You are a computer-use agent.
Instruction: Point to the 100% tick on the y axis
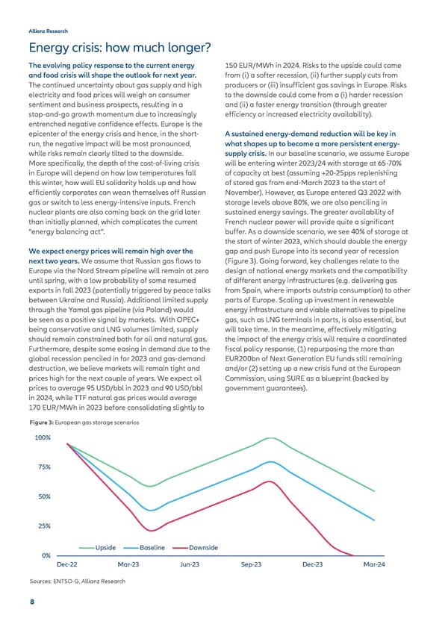(x=42, y=437)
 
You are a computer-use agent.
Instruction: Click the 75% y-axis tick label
(x=43, y=467)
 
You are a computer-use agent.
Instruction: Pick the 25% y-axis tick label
(x=43, y=526)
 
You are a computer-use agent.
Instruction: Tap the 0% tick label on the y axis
(x=46, y=555)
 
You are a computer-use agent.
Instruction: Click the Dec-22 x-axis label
(x=68, y=565)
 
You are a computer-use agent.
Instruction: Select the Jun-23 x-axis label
(x=190, y=565)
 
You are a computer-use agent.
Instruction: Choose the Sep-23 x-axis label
(x=252, y=565)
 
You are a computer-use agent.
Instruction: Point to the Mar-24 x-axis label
(x=373, y=565)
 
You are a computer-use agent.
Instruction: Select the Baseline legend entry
(x=152, y=548)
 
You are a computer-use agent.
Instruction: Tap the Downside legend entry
(x=204, y=548)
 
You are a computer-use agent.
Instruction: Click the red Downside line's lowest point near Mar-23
(x=152, y=530)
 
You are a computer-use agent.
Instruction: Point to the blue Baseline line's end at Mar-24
(x=374, y=520)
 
